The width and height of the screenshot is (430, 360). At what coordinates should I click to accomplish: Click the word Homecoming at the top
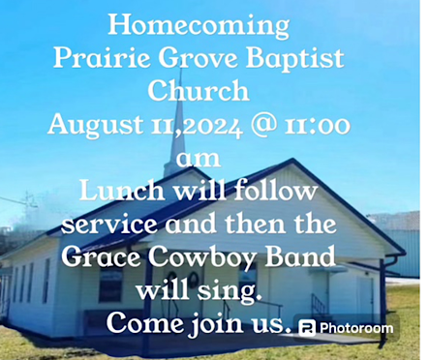tap(199, 26)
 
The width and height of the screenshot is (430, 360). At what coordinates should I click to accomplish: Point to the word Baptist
tap(295, 59)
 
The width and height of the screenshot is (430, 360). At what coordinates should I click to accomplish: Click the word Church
tap(199, 90)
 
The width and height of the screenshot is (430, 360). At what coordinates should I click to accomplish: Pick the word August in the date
tap(95, 126)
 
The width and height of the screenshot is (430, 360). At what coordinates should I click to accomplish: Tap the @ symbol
tap(263, 125)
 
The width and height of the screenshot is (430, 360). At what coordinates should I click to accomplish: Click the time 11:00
tap(318, 125)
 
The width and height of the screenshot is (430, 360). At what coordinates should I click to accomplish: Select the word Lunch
tap(121, 191)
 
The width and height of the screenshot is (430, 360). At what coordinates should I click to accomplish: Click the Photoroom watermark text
tap(356, 328)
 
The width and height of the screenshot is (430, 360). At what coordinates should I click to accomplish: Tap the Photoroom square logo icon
tap(307, 329)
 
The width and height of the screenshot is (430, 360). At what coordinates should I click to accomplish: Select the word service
tap(109, 225)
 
